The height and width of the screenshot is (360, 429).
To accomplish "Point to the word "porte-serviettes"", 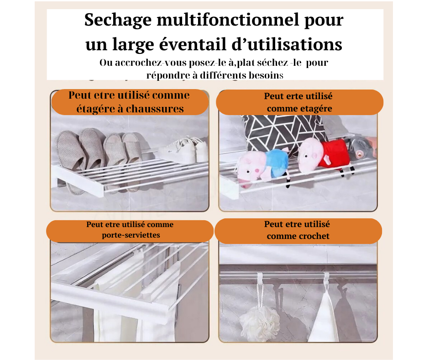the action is [x=131, y=235].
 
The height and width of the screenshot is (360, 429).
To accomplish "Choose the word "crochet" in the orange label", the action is [x=313, y=236].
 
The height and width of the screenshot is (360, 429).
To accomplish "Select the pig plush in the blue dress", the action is [x=262, y=167].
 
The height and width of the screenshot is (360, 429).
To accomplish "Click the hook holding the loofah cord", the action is [x=260, y=278].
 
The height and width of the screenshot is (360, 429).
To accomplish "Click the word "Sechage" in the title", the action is [x=118, y=21].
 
